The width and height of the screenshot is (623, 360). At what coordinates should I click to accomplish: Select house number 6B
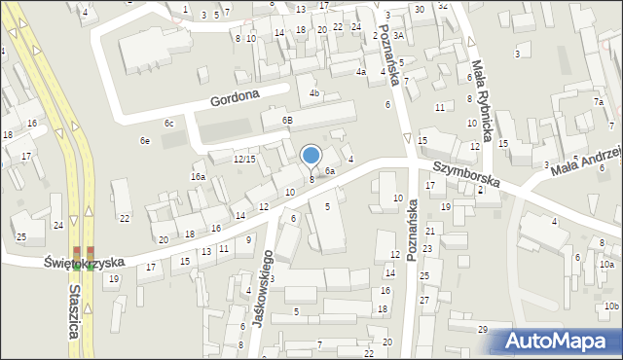287,120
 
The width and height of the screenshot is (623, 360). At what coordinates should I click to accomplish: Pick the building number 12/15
244,159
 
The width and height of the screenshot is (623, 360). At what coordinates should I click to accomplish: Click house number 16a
198,177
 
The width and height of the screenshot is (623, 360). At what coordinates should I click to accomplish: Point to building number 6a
330,171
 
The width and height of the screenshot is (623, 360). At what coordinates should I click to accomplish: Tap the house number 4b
314,93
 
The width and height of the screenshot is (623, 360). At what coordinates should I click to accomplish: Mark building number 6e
145,141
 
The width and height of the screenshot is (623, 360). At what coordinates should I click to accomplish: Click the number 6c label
168,123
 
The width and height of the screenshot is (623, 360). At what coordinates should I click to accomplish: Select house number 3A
398,35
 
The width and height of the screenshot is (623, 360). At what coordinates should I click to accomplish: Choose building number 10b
610,306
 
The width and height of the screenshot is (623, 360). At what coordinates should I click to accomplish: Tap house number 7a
600,102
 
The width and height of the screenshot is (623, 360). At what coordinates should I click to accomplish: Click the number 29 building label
482,330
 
